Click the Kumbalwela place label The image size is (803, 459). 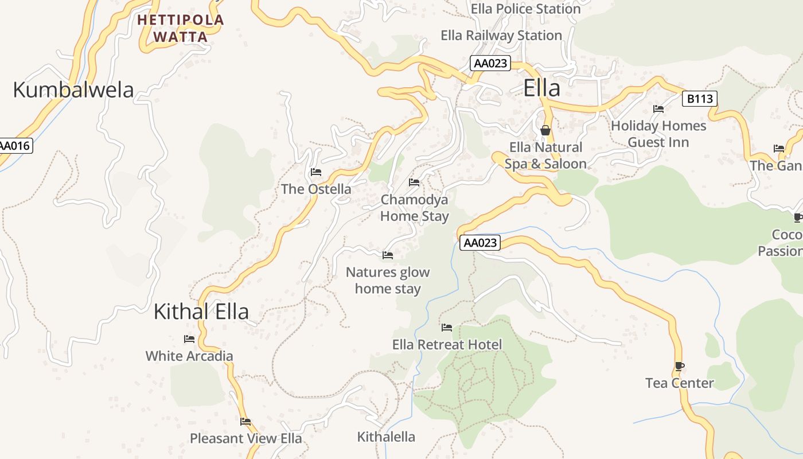coord(73,90)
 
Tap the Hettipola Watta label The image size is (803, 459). coord(181,28)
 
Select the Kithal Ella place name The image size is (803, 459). coord(201,312)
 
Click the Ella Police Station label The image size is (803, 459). coord(525,9)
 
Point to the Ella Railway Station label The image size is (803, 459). coord(501,36)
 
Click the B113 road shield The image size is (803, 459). coord(700,99)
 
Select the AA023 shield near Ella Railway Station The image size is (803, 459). coord(490,63)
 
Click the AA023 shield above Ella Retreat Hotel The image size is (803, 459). coord(480,243)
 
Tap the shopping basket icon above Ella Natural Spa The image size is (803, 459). coord(545,130)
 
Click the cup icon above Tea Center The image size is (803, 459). coord(680,366)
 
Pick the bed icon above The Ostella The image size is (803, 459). coord(315,172)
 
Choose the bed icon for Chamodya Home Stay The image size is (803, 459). coord(414,182)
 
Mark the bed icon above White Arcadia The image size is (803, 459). coord(189,339)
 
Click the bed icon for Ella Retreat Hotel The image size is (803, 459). coord(447,328)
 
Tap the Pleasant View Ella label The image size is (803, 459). coord(245,438)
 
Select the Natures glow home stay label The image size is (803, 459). coord(388,281)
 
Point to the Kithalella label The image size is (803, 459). coord(386,437)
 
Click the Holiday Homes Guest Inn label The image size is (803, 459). coord(658,134)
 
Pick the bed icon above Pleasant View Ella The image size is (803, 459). coord(245,422)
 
